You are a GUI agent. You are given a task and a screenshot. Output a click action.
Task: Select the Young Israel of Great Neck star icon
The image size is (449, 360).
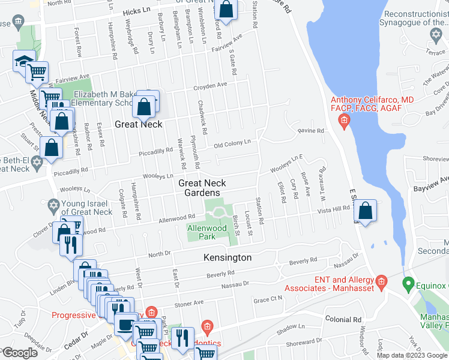53,206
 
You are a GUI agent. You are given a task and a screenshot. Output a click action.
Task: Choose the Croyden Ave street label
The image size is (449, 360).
209,86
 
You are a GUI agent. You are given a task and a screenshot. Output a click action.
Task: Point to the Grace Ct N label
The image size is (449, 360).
268,299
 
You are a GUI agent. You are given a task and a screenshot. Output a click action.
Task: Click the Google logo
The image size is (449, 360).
20,353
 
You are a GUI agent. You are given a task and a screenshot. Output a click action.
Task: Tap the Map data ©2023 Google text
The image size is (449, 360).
411,355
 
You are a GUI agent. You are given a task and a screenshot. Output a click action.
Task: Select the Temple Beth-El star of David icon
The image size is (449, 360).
37,163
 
